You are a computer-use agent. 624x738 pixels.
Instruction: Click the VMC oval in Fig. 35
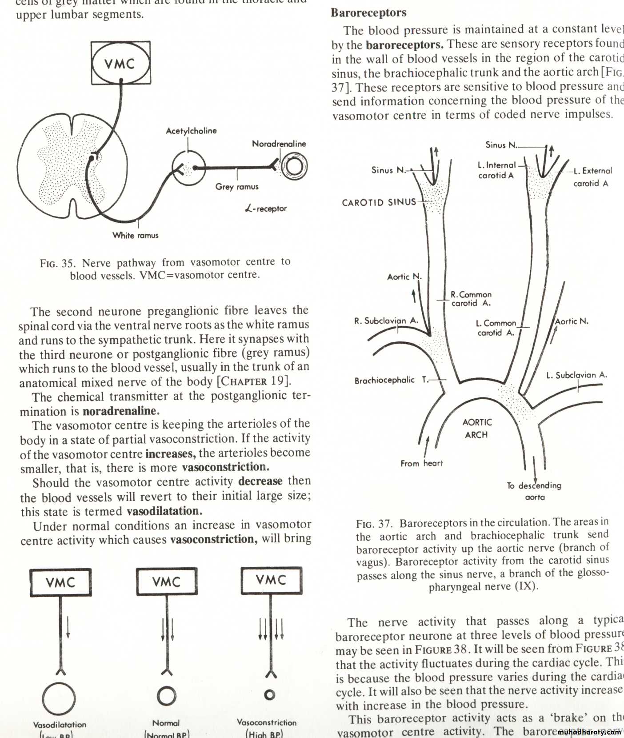(120, 63)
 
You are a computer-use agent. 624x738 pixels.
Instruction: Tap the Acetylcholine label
(191, 131)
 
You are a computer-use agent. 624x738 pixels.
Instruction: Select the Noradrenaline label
(279, 144)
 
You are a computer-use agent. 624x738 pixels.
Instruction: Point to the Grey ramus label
(236, 187)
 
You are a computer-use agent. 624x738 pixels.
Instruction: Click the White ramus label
(135, 235)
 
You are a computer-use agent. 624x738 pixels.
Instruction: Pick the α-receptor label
(266, 208)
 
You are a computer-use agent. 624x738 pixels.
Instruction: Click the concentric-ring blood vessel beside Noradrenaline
(294, 167)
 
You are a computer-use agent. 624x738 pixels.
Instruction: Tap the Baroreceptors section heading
(368, 12)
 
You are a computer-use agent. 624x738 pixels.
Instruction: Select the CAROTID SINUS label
(379, 202)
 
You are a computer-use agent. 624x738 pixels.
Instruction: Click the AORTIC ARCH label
(477, 428)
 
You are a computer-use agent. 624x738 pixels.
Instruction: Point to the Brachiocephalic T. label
(392, 380)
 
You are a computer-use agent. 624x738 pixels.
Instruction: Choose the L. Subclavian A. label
(576, 375)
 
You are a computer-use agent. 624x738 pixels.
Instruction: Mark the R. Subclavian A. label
(386, 321)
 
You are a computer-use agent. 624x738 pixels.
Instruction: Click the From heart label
(421, 463)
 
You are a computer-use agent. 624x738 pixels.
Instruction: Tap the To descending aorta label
(534, 491)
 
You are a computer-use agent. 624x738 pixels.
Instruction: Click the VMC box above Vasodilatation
(60, 582)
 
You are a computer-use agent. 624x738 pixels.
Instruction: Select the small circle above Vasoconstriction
(269, 695)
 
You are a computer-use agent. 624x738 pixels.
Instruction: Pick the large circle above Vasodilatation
(59, 698)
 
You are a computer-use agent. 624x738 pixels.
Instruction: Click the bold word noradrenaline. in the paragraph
(121, 410)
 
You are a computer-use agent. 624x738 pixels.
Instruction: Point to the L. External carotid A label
(592, 176)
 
